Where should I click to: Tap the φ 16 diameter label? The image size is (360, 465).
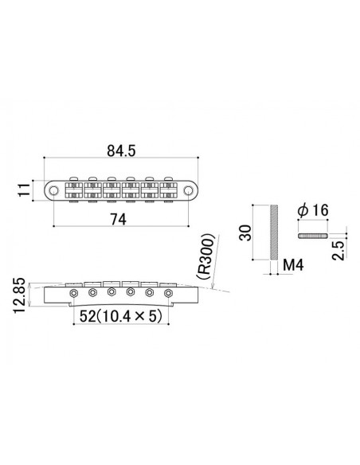pos(312,209)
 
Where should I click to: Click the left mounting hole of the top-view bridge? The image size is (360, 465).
pos(53,190)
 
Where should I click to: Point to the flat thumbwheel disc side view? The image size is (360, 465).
pos(312,236)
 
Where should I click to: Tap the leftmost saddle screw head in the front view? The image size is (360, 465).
pos(74,292)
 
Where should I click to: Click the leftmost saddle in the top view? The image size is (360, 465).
pos(72,190)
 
